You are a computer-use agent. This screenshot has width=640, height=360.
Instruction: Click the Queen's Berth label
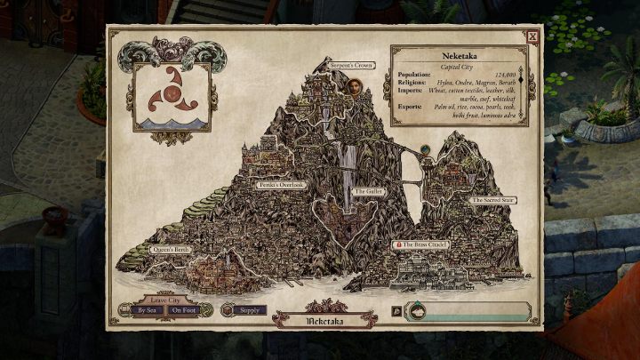point(170,250)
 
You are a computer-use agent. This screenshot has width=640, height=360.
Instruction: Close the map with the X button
point(532,37)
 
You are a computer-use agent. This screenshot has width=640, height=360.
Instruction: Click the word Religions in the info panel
point(414,82)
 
